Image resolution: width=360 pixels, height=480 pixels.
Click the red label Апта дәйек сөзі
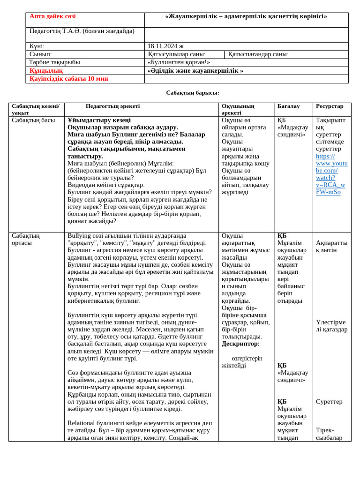point(52,16)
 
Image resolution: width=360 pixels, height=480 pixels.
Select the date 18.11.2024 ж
point(165,46)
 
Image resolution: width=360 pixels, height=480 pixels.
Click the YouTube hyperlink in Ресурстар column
point(331,174)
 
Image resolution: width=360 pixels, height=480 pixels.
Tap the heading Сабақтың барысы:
point(192,93)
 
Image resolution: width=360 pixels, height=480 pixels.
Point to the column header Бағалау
point(288,106)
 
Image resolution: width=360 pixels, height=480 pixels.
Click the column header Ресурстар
point(330,106)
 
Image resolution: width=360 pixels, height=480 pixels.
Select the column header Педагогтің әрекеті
point(112,106)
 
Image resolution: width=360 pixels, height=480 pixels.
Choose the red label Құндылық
point(46,71)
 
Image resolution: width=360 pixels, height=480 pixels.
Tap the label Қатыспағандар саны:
point(258,54)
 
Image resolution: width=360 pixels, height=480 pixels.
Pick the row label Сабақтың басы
point(33,120)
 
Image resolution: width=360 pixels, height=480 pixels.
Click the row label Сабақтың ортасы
point(26,239)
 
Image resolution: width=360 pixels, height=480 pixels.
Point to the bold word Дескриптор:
point(240,344)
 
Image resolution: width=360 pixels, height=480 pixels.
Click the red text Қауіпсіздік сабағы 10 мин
point(68,79)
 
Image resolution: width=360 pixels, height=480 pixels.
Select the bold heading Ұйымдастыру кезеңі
point(99,120)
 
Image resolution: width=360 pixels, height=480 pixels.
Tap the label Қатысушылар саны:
point(176,54)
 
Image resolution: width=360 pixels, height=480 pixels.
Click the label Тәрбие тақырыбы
point(54,62)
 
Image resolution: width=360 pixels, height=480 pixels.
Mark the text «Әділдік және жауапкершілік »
point(195,71)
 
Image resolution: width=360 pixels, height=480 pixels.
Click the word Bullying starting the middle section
point(81,236)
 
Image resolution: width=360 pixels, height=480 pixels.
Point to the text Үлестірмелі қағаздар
point(331,326)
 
